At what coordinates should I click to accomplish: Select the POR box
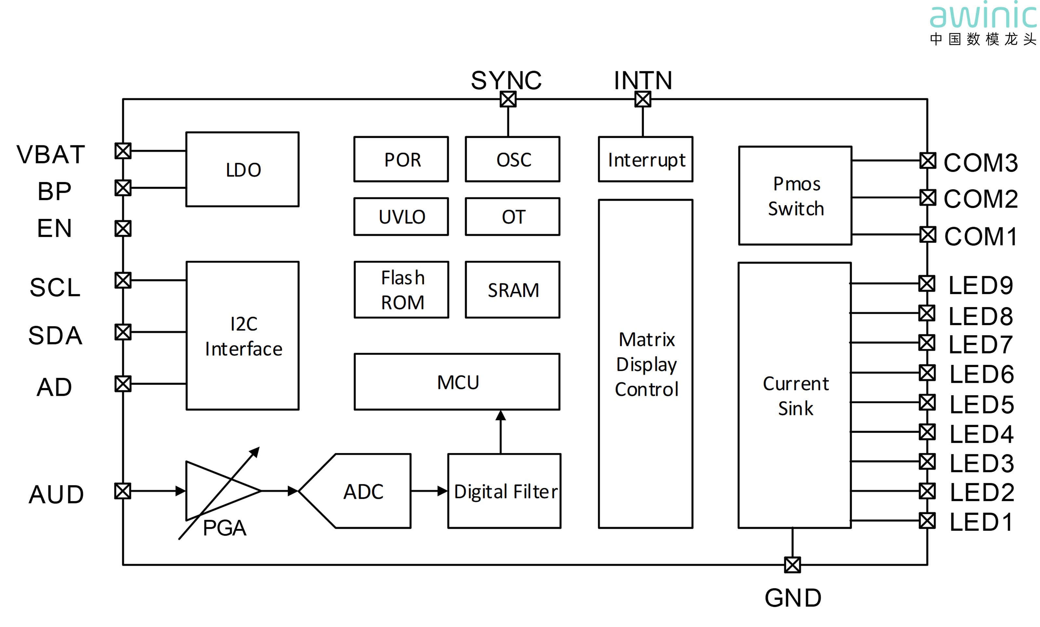point(401,159)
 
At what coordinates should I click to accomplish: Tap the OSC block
point(513,159)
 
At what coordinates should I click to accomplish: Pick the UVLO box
point(401,217)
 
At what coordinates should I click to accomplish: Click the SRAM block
point(513,290)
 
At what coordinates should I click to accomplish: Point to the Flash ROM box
point(401,290)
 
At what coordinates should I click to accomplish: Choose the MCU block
point(457,382)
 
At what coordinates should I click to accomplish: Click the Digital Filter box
point(504,491)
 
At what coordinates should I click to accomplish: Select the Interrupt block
point(645,159)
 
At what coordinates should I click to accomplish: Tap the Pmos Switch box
point(795,195)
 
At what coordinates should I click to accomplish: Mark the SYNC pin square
point(508,100)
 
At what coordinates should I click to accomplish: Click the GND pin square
point(792,565)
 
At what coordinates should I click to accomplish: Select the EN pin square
point(123,228)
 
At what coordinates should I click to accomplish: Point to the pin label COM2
point(981,199)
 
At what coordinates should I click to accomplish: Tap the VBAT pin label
point(51,154)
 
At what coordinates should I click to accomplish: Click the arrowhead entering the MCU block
point(500,416)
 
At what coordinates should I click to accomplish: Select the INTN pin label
point(643,80)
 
